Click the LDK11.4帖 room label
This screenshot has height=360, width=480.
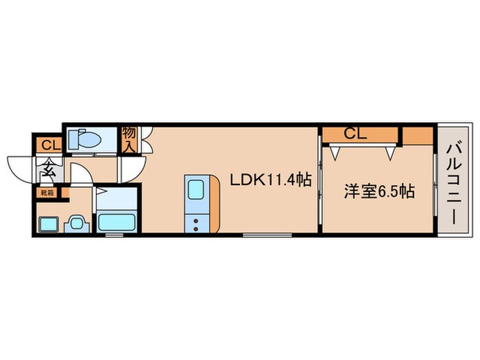271,180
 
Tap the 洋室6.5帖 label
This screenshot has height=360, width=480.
379,192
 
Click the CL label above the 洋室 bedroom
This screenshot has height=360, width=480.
355,134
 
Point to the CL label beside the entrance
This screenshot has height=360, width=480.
48,145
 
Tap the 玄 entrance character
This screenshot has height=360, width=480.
50,167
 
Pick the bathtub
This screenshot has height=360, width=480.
116,221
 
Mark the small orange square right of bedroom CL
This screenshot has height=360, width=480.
417,134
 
